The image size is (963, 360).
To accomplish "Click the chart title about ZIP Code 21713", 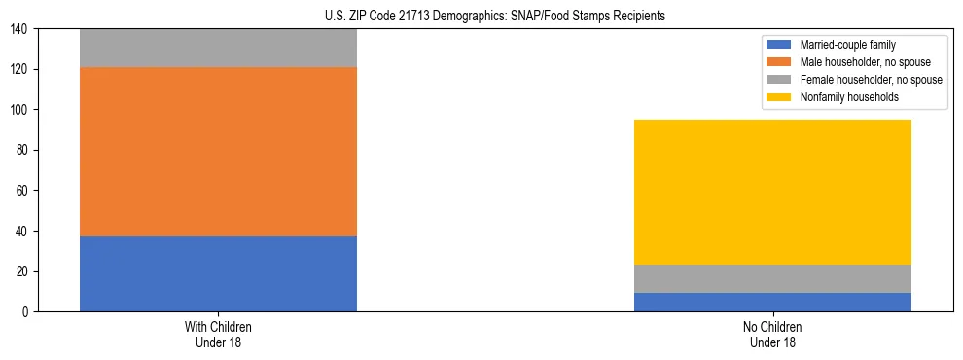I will (495, 17).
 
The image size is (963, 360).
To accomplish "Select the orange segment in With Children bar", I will (218, 152).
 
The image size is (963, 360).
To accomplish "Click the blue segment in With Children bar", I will (218, 273).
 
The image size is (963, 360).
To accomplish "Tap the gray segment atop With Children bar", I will (218, 48).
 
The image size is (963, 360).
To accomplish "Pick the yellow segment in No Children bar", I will (772, 192).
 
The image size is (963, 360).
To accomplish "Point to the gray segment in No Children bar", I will (772, 278).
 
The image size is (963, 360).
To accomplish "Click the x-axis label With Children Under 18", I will (218, 334).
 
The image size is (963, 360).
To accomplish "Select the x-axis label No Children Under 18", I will (772, 334).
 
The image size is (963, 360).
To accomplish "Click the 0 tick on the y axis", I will (27, 311).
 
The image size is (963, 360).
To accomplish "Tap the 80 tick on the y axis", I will (24, 151).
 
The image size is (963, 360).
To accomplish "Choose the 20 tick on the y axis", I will (24, 271).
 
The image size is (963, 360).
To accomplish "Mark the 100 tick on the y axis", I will (21, 110).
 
